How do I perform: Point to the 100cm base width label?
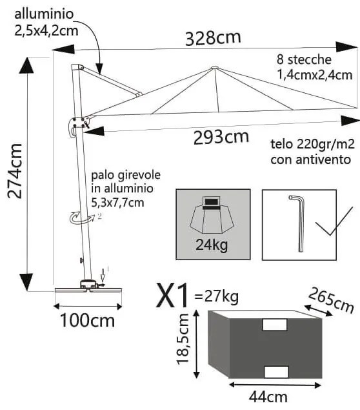87,320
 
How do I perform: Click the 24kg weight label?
214,244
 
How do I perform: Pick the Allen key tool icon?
299,222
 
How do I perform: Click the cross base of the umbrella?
87,289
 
